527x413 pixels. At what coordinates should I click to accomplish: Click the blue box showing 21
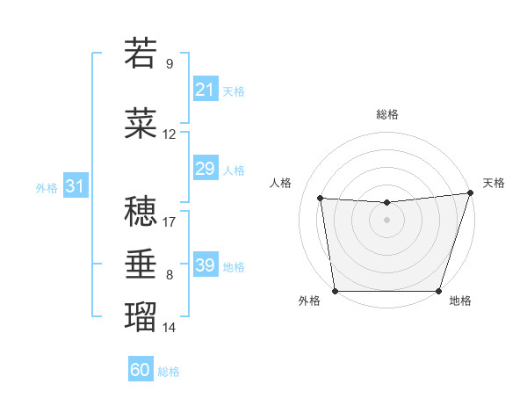pyautogui.click(x=205, y=90)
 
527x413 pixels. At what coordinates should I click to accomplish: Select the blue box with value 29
pyautogui.click(x=205, y=169)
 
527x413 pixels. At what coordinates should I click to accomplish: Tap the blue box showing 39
pyautogui.click(x=205, y=265)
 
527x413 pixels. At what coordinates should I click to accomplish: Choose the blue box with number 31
pyautogui.click(x=75, y=186)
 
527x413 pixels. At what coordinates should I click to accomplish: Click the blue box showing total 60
pyautogui.click(x=141, y=370)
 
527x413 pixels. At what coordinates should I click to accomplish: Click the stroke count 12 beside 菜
pyautogui.click(x=170, y=134)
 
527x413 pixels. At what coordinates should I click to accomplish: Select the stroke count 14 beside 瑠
pyautogui.click(x=170, y=328)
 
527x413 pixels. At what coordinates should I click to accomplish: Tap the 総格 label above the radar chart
pyautogui.click(x=386, y=114)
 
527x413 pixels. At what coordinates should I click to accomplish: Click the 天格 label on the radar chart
pyautogui.click(x=494, y=183)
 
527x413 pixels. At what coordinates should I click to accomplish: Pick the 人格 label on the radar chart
pyautogui.click(x=281, y=183)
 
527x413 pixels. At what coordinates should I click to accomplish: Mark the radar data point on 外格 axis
pyautogui.click(x=335, y=291)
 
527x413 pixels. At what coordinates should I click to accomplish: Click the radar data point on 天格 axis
pyautogui.click(x=470, y=193)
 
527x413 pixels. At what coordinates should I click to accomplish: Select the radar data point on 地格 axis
pyautogui.click(x=438, y=291)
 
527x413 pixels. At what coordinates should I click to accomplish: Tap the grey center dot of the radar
pyautogui.click(x=386, y=220)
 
